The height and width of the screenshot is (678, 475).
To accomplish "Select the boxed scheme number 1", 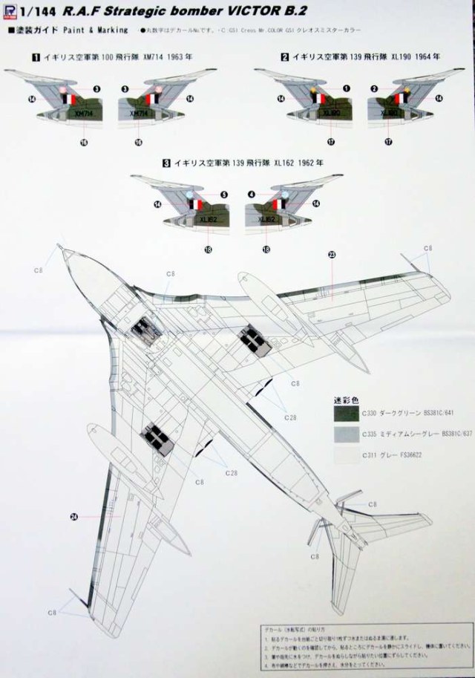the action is pyautogui.click(x=34, y=57).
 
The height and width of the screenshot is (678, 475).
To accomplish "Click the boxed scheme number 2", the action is pyautogui.click(x=284, y=57).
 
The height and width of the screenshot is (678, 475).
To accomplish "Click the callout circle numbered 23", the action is pyautogui.click(x=331, y=255).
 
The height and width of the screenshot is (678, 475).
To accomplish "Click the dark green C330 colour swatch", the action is pyautogui.click(x=346, y=411).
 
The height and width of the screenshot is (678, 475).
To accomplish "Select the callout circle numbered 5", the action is pyautogui.click(x=223, y=195).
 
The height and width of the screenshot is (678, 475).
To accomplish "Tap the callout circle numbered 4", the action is pyautogui.click(x=251, y=195).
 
